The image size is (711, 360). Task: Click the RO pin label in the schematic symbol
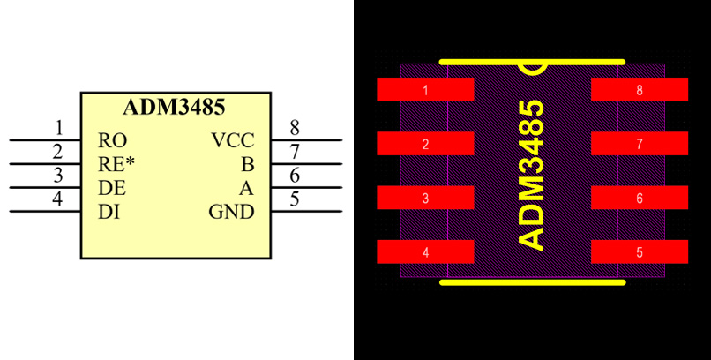[x=113, y=140]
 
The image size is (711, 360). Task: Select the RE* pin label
[x=116, y=163]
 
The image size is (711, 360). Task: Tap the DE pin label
[x=112, y=187]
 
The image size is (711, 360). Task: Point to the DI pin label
[x=109, y=211]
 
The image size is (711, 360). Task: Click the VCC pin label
[x=233, y=140]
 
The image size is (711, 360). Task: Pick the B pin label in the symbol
[x=248, y=163]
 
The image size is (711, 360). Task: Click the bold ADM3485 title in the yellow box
[x=174, y=108]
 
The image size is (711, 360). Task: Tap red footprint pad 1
[x=426, y=90]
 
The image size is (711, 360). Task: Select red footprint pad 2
[x=426, y=144]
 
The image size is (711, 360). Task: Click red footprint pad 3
[x=426, y=198]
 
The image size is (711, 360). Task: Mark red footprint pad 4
[x=426, y=252]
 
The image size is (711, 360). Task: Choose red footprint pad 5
[x=639, y=252]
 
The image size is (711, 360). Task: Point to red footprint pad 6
[x=639, y=198]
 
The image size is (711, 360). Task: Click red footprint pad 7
[x=639, y=144]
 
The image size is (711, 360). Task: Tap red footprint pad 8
[x=639, y=90]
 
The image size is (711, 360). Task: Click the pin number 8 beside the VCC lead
[x=295, y=128]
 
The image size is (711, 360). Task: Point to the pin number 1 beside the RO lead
[x=59, y=128]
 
